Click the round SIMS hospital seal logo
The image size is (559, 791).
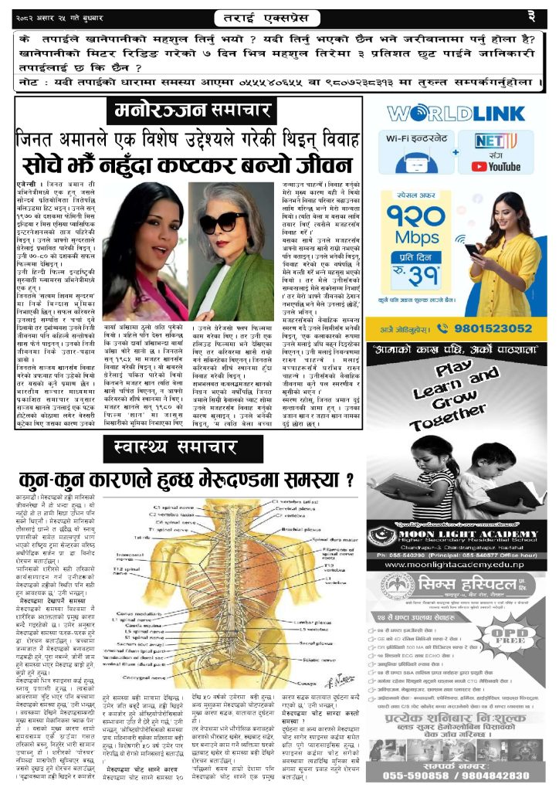point(385,587)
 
